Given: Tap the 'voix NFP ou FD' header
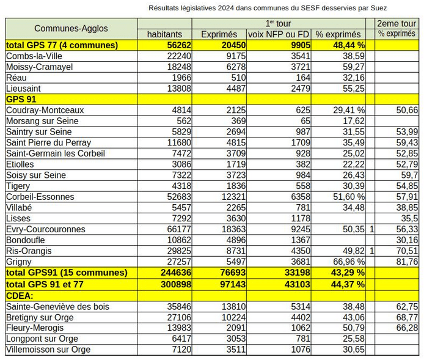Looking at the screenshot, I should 279,34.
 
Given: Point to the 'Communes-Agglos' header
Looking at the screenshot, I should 71,29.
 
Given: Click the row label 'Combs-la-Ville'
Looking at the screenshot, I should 34,56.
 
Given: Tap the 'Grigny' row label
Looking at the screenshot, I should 20,262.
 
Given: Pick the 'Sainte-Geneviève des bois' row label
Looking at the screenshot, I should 57,306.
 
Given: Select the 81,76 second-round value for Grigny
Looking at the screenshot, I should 406,262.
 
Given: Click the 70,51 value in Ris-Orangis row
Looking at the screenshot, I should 406,251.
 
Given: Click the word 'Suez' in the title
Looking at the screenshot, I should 378,8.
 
